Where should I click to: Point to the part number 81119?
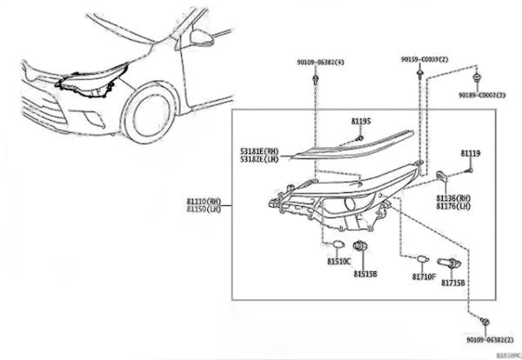470,154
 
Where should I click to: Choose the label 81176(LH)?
453,207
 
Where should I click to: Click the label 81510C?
338,261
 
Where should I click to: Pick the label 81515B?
365,273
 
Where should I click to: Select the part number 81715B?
452,283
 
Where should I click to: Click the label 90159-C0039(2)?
424,59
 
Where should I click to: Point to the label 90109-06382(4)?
319,63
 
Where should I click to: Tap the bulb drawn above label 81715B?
452,261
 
